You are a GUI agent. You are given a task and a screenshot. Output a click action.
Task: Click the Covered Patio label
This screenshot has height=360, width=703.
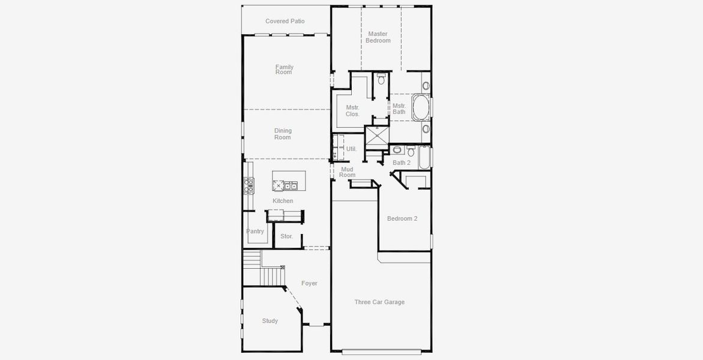coord(285,22)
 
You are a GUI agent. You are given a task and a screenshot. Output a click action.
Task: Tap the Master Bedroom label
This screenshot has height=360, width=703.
coord(378,37)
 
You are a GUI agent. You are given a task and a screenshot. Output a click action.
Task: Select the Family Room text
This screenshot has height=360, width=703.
coord(284,70)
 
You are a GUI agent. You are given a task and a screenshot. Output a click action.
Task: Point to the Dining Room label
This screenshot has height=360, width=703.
coord(283,134)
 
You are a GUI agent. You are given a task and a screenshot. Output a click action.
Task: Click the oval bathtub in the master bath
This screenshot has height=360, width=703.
coord(420,108)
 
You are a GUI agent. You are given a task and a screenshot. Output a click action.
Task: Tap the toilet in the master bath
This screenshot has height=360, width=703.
coord(381,79)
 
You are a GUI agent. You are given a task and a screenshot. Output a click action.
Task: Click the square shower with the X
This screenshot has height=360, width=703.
coord(377,136)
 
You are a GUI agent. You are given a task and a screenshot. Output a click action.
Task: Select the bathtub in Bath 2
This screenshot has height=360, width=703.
coord(424,157)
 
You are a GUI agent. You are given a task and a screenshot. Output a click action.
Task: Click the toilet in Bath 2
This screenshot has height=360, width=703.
coord(397,150)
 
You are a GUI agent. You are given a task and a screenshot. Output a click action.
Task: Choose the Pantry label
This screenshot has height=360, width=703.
coord(255,231)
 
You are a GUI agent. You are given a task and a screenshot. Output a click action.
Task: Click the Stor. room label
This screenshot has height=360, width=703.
coord(286,236)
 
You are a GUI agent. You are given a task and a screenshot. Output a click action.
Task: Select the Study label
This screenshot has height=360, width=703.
coord(270,321)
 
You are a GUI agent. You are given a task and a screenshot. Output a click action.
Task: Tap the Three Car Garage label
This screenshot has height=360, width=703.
coord(379,302)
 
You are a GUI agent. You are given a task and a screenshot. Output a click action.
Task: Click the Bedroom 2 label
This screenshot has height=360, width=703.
coord(402,218)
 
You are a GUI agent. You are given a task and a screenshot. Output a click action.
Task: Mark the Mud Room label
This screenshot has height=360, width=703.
coord(348,172)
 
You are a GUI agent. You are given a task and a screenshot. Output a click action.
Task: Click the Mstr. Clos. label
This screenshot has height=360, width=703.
coord(352,110)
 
